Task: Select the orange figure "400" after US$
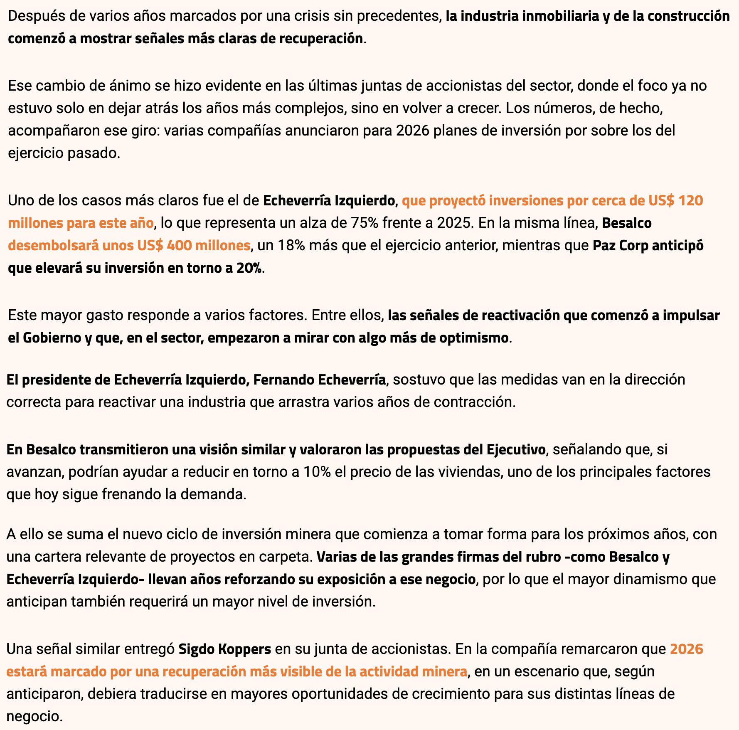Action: tap(179, 246)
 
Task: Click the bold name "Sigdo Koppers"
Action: tap(225, 649)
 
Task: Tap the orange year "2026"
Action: tap(686, 649)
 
